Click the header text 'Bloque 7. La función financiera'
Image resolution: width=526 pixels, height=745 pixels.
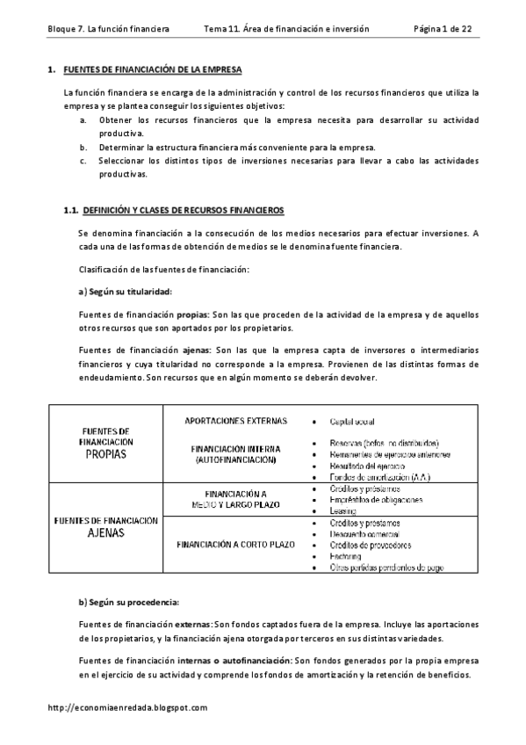[x=107, y=29]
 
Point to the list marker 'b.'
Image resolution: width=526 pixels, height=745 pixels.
[x=83, y=147]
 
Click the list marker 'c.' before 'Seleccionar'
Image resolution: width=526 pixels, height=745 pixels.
[x=83, y=161]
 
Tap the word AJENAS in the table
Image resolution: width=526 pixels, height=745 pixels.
[x=105, y=532]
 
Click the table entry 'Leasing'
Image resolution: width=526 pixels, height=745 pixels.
[x=343, y=510]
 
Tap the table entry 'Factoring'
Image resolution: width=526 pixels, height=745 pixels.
[x=346, y=556]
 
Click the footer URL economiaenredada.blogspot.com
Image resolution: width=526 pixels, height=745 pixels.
[x=127, y=707]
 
